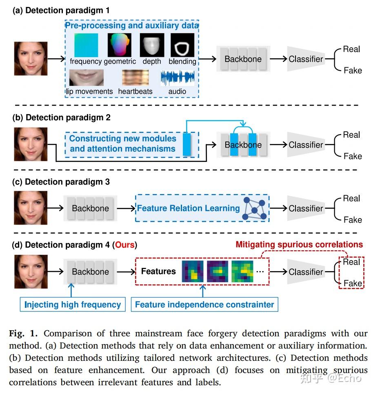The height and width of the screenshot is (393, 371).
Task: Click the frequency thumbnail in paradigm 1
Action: tap(86, 45)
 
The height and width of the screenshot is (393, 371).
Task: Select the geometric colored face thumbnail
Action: tap(119, 45)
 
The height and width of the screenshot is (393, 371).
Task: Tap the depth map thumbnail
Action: tap(152, 45)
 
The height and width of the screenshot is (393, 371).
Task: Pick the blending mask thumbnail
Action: tap(182, 45)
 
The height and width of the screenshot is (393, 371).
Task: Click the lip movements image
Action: tap(86, 77)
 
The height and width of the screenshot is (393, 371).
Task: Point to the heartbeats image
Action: tap(135, 77)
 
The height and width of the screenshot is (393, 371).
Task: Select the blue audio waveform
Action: tap(177, 77)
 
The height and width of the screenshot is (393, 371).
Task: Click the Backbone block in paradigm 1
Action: tap(243, 59)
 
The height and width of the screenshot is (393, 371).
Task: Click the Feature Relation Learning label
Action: tap(188, 208)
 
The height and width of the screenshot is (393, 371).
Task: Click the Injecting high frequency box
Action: tap(73, 305)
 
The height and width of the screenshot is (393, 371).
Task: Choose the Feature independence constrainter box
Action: tap(204, 305)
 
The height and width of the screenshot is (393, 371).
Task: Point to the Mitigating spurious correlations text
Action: tap(299, 245)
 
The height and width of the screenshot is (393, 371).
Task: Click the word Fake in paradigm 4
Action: tap(353, 283)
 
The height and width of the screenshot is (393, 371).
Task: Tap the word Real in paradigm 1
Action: tap(351, 49)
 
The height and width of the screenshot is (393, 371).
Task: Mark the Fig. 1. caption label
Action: tap(24, 333)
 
